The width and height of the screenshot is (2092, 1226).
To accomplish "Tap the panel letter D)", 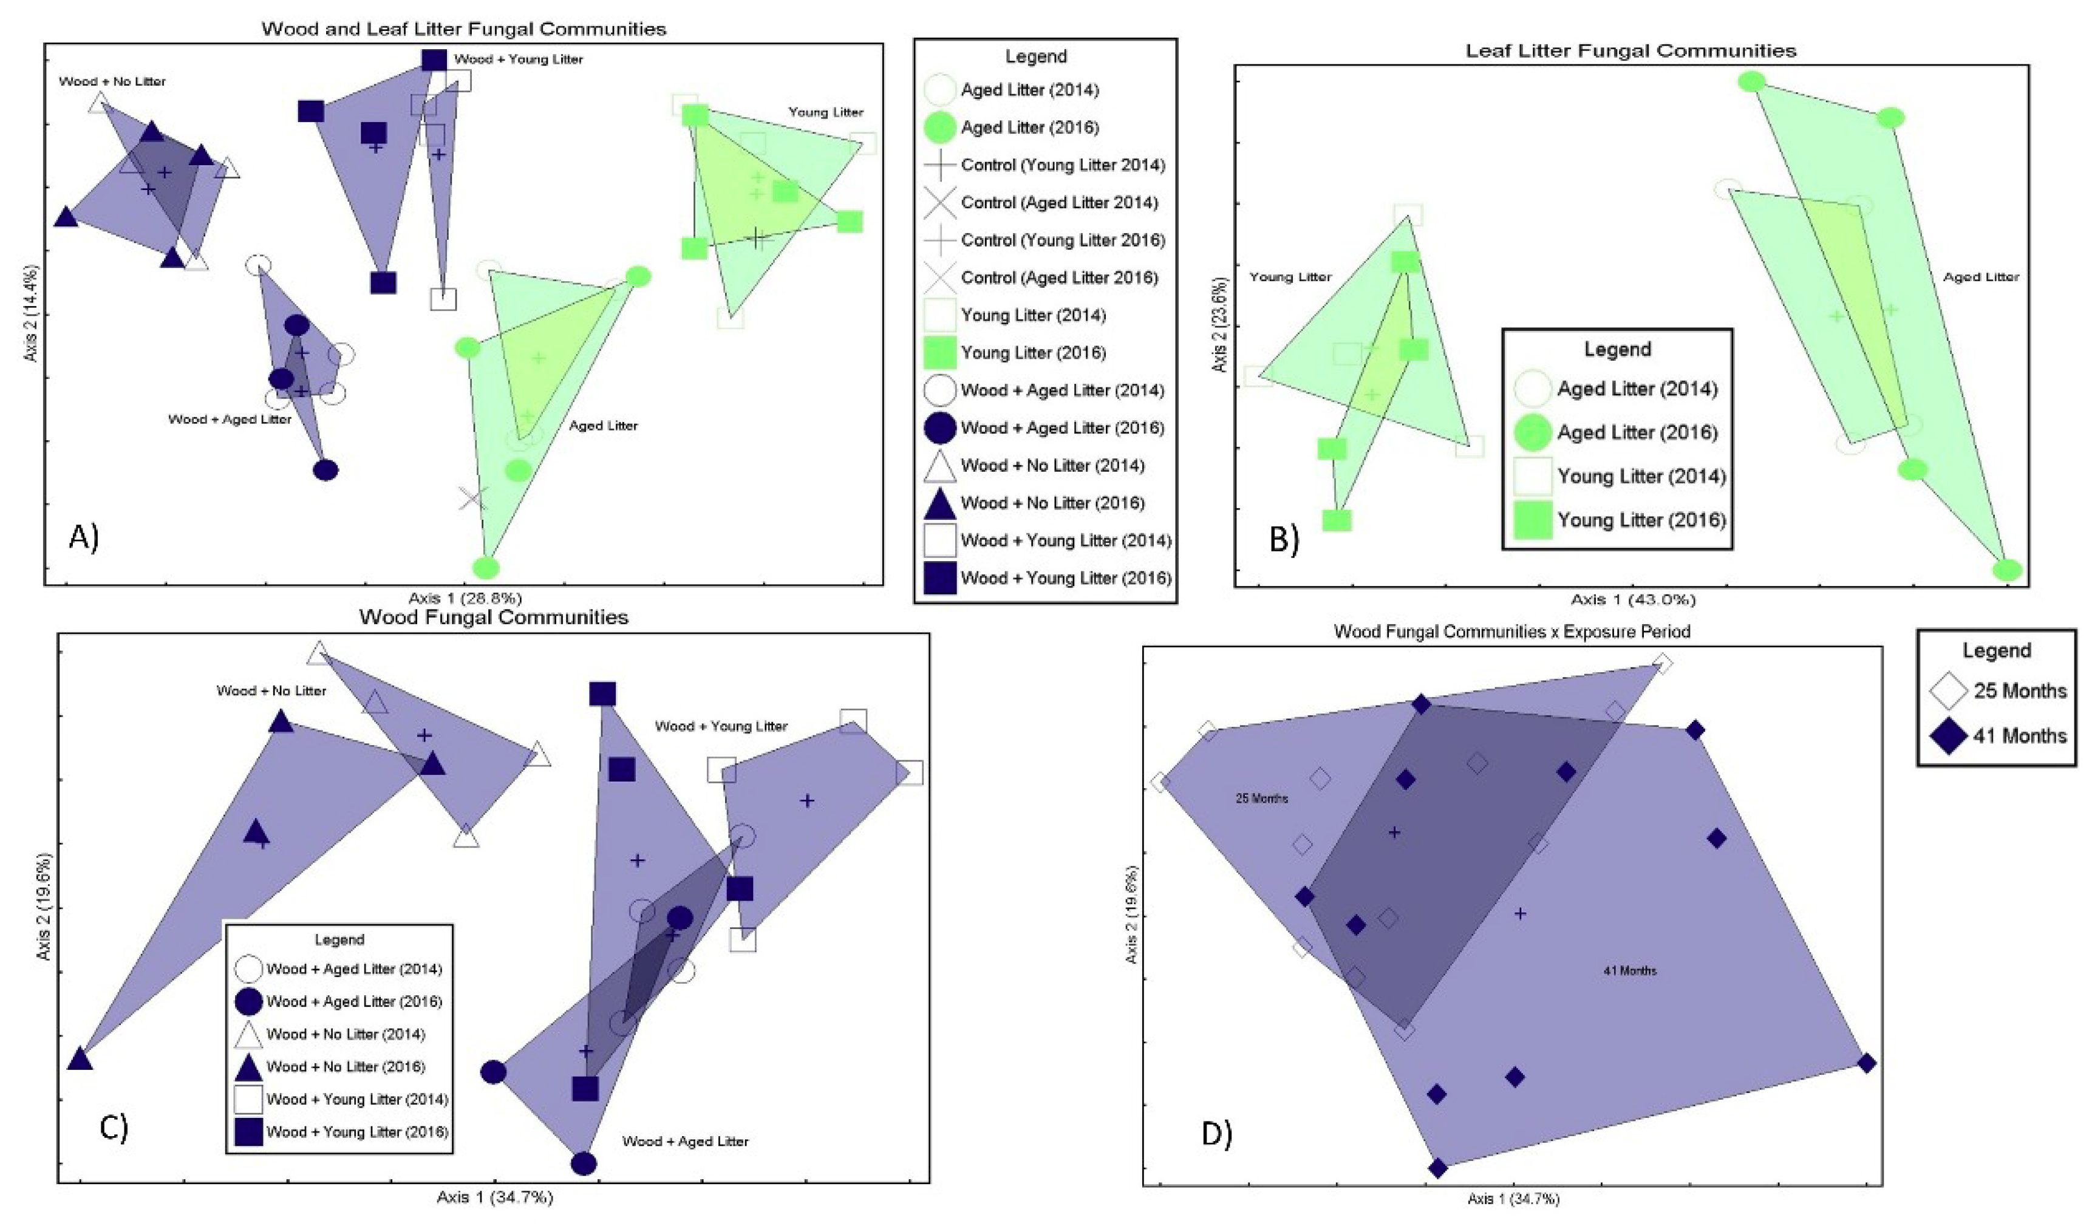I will (1216, 1133).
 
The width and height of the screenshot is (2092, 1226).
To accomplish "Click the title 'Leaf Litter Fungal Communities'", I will (1630, 50).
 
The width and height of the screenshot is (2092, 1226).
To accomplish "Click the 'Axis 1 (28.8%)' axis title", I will (465, 598).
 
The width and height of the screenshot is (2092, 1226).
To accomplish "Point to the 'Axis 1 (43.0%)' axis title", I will (1632, 599).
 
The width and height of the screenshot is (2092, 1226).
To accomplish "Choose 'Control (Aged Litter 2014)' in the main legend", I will (1058, 203).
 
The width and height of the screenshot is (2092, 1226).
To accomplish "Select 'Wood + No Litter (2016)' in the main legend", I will (1052, 503).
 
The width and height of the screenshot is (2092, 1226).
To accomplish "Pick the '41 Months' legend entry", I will (2019, 735).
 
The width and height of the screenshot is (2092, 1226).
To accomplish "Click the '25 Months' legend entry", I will (2019, 690).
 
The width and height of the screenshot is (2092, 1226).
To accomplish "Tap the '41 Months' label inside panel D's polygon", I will (1630, 970).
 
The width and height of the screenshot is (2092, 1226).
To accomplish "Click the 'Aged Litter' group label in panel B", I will (1981, 278).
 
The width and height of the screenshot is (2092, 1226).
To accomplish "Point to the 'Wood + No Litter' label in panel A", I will (112, 81).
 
